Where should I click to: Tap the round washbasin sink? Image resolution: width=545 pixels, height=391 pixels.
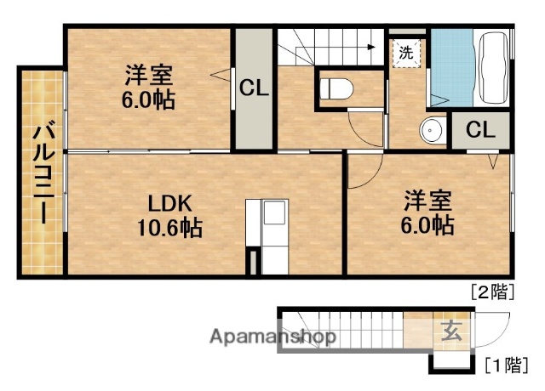coord(432,131)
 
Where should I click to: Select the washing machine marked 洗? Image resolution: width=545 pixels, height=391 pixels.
coord(406,52)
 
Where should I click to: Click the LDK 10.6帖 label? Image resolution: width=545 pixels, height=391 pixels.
coord(170,216)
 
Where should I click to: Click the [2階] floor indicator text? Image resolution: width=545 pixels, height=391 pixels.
coord(492,292)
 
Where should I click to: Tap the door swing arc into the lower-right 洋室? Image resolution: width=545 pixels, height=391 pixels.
coord(359,173)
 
